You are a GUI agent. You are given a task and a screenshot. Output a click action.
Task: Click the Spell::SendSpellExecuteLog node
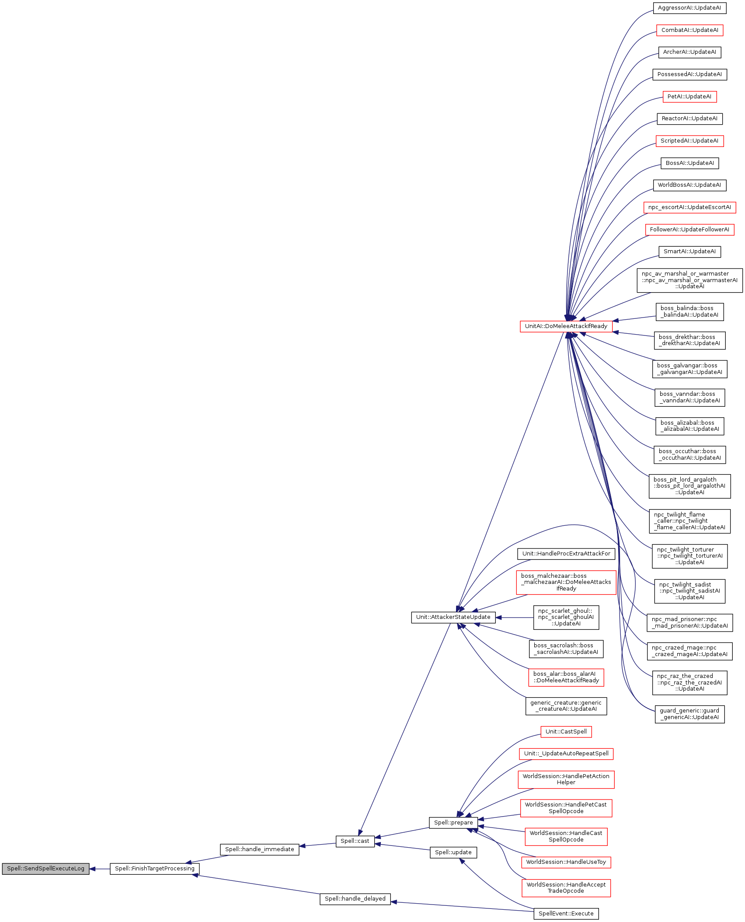click(x=45, y=869)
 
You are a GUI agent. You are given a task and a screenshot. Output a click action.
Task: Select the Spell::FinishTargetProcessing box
click(x=154, y=869)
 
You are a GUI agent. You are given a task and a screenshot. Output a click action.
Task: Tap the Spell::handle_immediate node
click(x=259, y=849)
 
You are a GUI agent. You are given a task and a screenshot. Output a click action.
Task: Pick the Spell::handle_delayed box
click(x=355, y=899)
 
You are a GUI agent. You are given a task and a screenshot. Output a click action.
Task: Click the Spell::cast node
click(x=355, y=841)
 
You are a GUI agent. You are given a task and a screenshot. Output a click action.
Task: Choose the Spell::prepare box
click(x=453, y=823)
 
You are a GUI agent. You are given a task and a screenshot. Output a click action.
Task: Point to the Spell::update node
click(x=453, y=852)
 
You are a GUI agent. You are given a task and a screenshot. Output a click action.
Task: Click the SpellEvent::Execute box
click(x=566, y=914)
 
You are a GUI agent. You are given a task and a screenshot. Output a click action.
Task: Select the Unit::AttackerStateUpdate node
click(x=453, y=617)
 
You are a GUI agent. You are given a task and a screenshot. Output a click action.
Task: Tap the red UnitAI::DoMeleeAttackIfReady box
click(x=566, y=326)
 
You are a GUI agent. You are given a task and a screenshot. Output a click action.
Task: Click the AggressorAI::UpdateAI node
click(x=689, y=8)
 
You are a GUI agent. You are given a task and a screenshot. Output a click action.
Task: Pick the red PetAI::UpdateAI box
click(x=689, y=97)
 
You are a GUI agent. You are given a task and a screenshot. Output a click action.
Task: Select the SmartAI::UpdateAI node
click(x=689, y=251)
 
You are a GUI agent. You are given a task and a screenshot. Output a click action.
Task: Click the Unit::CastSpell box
click(x=566, y=732)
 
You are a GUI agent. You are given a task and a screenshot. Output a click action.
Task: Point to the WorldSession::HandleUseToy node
click(x=566, y=862)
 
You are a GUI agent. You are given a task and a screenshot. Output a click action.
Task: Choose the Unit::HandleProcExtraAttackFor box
click(x=566, y=554)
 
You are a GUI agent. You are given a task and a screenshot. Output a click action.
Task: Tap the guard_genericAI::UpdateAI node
click(x=689, y=714)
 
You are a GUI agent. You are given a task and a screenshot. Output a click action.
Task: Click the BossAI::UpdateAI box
click(x=689, y=163)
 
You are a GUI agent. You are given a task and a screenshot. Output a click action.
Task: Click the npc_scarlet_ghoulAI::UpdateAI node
click(x=566, y=617)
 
